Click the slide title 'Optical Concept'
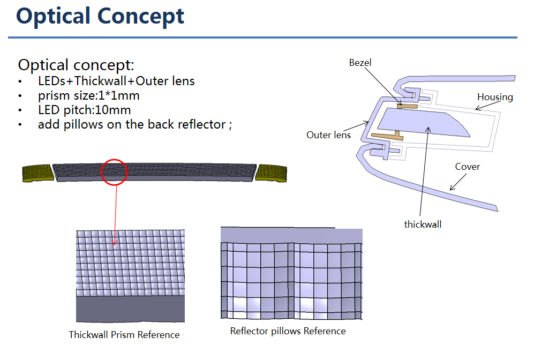coord(100,17)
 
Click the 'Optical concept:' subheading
coord(76,65)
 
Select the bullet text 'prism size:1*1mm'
coord(89,96)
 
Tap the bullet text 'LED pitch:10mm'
coord(85,110)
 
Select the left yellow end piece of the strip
coord(38,173)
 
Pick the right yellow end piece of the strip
coord(271,173)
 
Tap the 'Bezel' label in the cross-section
coord(360,63)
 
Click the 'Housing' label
coord(495,97)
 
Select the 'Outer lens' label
coord(328,135)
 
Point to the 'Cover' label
coord(467,167)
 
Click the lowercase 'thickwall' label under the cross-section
coord(423,224)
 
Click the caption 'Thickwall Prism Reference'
coord(124,335)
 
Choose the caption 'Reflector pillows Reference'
coord(288,331)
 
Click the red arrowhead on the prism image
coord(115,243)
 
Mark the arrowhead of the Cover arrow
coord(452,188)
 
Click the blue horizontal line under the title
coord(262,37)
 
